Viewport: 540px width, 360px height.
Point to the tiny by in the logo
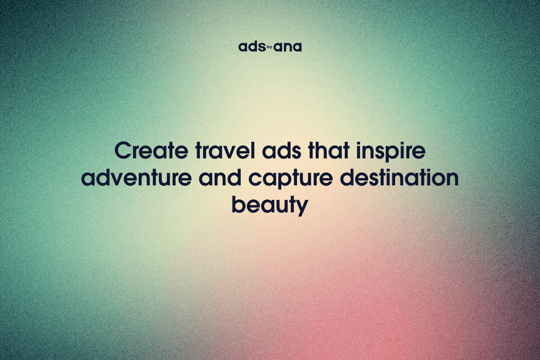pos(270,46)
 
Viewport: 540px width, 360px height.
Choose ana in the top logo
pos(288,47)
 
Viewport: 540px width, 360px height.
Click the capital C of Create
pos(123,151)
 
